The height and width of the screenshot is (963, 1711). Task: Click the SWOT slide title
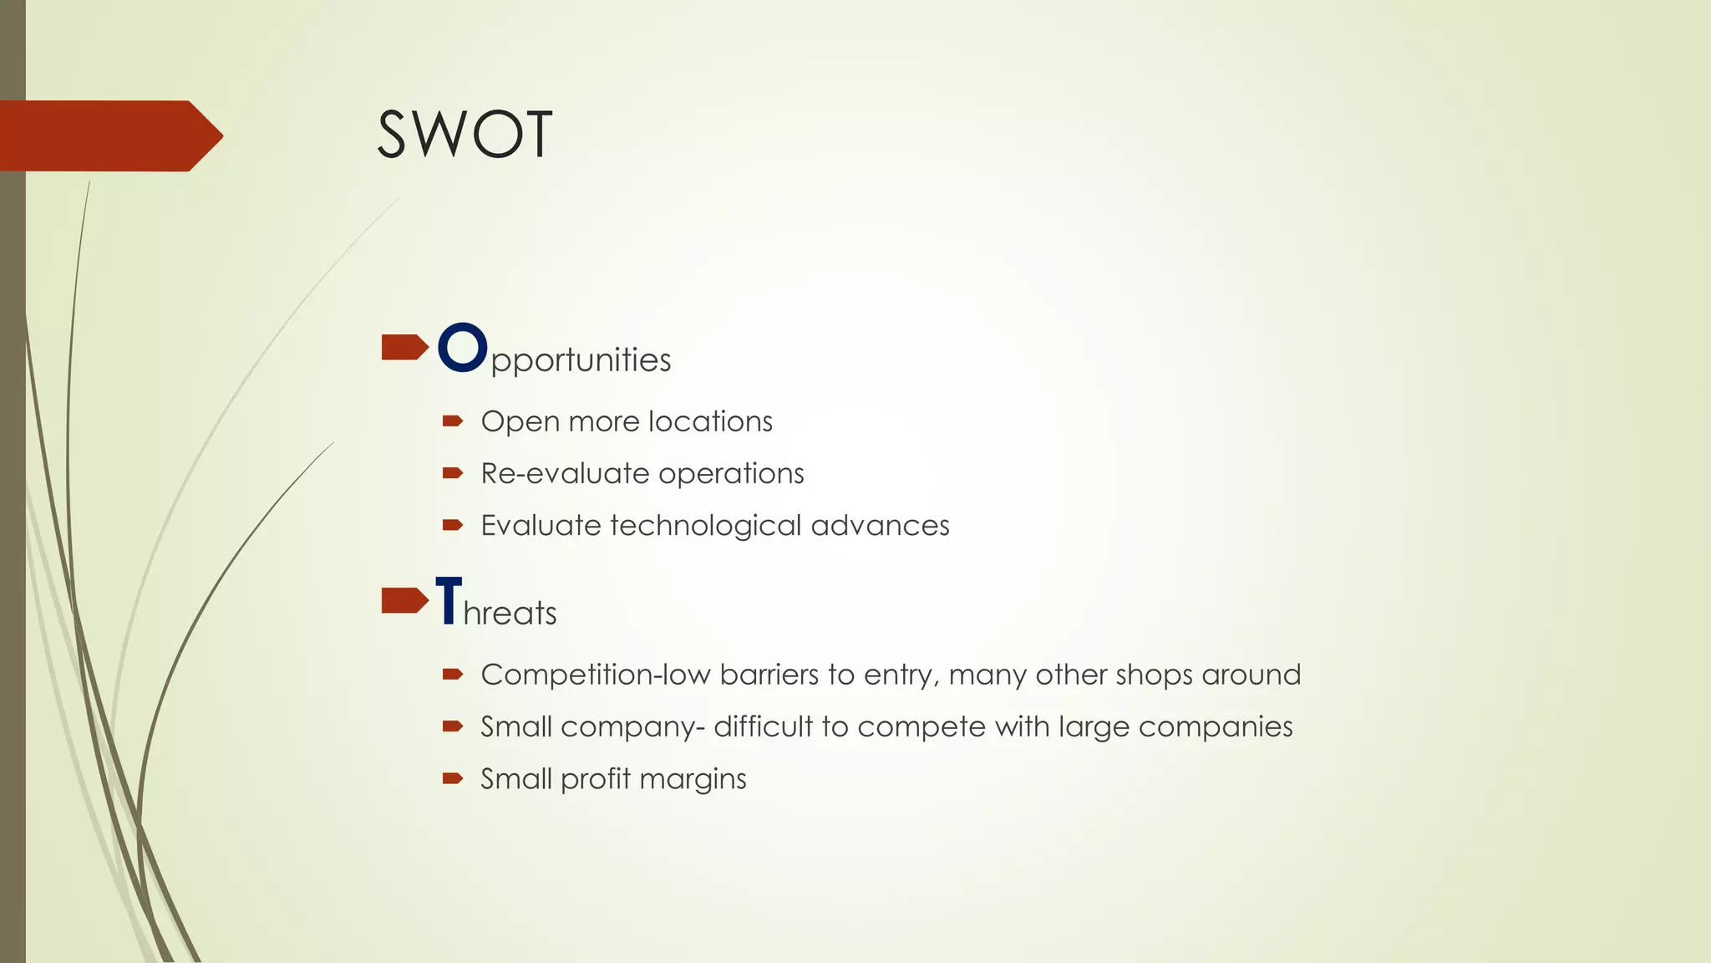click(465, 135)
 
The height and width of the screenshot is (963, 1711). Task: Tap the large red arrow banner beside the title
click(109, 135)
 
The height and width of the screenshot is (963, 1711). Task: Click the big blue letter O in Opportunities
click(462, 348)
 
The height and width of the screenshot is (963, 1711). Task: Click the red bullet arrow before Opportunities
click(404, 347)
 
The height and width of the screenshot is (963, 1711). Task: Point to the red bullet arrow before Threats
click(404, 600)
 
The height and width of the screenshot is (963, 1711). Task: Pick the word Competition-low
click(596, 675)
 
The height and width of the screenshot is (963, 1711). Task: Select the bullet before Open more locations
click(452, 421)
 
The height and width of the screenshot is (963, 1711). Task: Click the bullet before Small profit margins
click(452, 778)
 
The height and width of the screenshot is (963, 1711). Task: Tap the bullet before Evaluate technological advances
click(452, 525)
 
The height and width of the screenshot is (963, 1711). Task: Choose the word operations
click(730, 474)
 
